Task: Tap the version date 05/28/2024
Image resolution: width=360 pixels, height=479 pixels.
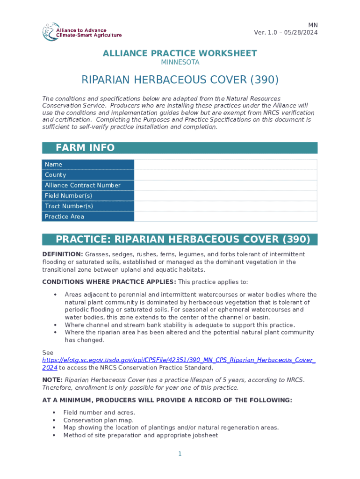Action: click(301, 32)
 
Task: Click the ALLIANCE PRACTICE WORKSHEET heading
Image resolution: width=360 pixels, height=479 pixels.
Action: click(180, 53)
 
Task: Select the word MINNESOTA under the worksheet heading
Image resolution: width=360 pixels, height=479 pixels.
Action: click(180, 62)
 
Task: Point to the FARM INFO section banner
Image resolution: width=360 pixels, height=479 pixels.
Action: click(180, 148)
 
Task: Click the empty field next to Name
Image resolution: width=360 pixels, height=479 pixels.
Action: click(225, 164)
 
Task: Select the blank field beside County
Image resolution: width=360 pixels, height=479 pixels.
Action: click(225, 175)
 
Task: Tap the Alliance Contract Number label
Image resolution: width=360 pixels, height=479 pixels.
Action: click(83, 185)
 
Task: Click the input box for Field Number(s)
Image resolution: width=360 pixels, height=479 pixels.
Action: click(225, 196)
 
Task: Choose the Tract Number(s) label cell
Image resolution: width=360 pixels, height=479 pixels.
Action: click(69, 206)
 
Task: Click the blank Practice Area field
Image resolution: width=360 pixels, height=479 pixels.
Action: click(225, 217)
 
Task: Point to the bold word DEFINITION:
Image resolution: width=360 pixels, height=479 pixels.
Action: click(63, 254)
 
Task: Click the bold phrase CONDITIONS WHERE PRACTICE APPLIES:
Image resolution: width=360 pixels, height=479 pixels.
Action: click(109, 282)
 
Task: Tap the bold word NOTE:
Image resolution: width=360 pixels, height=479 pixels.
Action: click(52, 380)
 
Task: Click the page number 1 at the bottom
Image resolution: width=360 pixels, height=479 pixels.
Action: click(180, 454)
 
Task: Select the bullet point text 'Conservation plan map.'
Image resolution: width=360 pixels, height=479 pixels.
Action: click(98, 420)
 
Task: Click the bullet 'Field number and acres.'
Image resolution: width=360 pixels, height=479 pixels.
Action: click(99, 413)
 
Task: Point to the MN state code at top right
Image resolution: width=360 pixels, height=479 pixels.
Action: click(313, 25)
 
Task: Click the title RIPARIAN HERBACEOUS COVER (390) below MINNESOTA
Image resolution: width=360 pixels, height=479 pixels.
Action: click(180, 80)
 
